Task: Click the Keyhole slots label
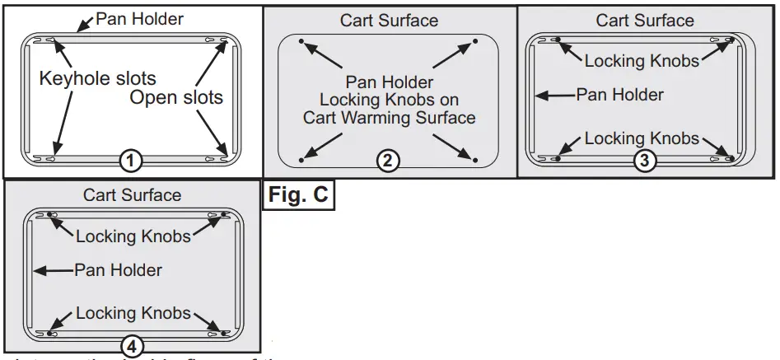pos(86,79)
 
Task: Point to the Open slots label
pos(175,98)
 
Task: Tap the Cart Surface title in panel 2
pos(389,21)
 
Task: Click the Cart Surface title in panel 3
pos(645,21)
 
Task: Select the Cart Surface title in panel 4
pos(132,196)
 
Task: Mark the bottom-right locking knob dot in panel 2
pos(474,157)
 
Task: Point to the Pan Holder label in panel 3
pos(619,96)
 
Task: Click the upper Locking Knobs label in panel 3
pos(642,60)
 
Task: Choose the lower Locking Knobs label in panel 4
pos(133,314)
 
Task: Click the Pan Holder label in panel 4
pos(118,269)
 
